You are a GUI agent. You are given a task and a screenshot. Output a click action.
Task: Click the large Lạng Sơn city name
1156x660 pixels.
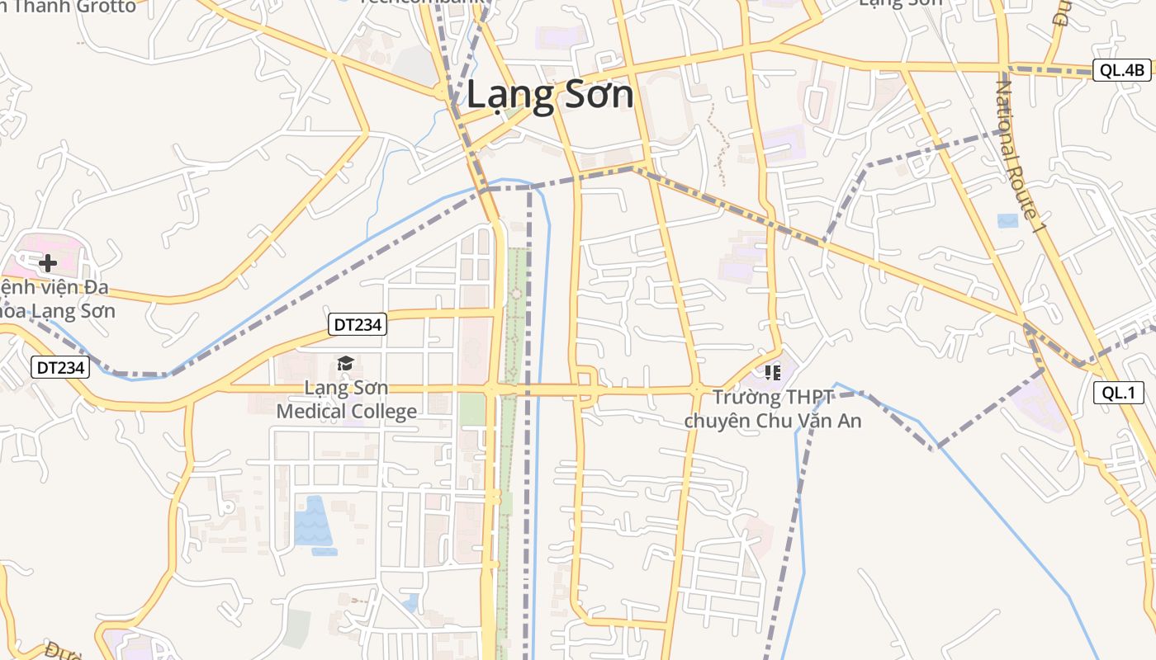[550, 95]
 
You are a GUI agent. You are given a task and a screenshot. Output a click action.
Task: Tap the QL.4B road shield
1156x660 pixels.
[1122, 70]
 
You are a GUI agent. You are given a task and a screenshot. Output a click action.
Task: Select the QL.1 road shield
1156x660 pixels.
[1119, 393]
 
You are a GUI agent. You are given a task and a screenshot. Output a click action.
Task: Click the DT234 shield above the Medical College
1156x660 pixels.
[357, 324]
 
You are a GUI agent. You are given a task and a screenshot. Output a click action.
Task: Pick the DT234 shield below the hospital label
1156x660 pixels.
[60, 367]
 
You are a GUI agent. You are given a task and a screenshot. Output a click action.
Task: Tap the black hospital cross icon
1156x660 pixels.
[48, 263]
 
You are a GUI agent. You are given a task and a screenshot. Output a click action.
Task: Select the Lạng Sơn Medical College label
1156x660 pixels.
[347, 398]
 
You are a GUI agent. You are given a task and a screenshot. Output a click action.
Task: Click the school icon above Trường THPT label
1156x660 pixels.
[772, 373]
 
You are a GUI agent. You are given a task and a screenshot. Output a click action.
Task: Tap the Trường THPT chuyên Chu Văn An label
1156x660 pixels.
[773, 409]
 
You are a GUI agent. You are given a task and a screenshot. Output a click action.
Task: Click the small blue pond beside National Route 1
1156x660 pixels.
[1007, 220]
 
